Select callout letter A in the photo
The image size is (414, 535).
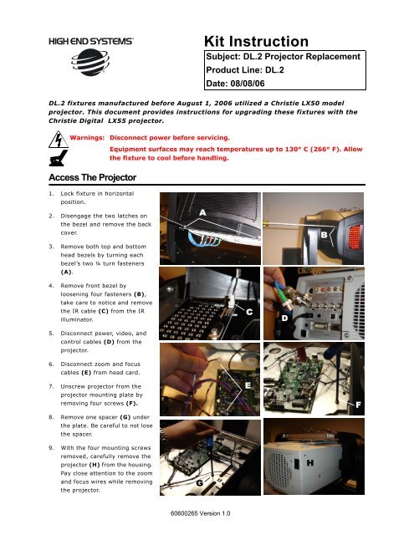[202, 212]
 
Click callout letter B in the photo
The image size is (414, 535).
[324, 237]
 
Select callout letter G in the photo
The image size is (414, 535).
[199, 483]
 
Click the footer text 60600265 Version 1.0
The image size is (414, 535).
[207, 518]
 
